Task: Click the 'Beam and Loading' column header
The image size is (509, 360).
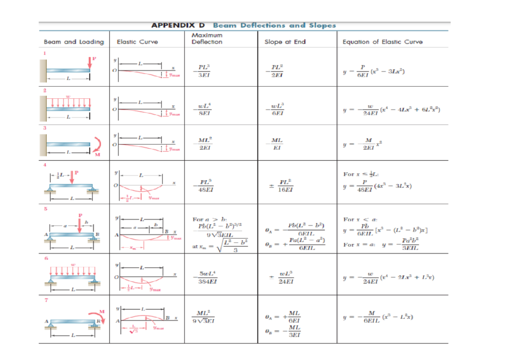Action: point(74,42)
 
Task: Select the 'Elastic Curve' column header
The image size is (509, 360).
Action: point(137,42)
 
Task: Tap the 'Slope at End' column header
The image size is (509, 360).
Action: point(285,42)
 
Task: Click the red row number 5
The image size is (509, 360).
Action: point(42,208)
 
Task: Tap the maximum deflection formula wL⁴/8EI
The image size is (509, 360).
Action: point(204,109)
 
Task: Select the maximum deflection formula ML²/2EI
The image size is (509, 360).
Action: point(204,145)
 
